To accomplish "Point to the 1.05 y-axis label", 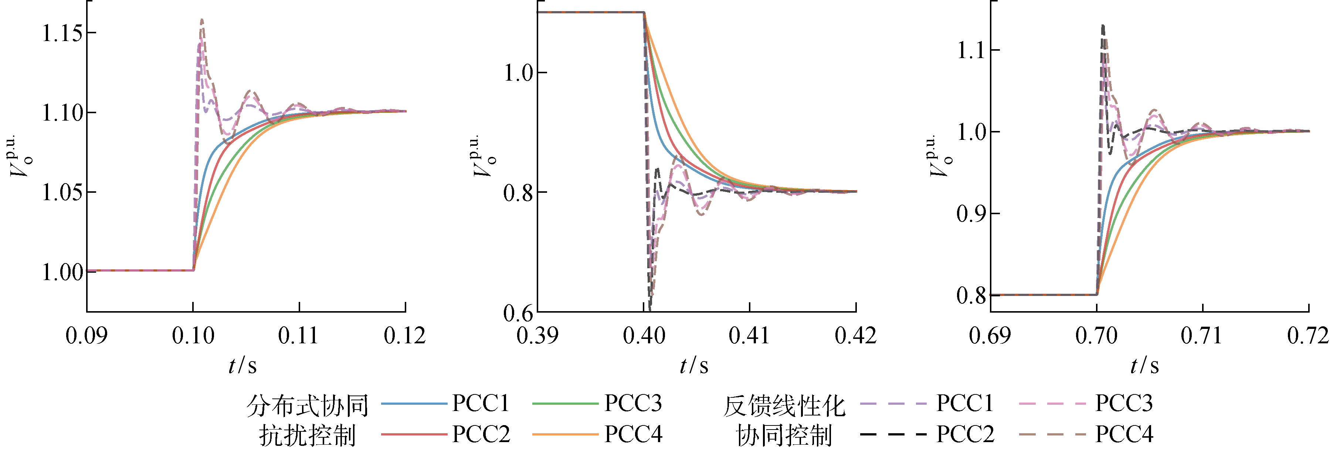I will click(62, 193).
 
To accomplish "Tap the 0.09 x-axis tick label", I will click(86, 336).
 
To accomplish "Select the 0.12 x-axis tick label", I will click(405, 336).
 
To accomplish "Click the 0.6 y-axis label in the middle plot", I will click(518, 313).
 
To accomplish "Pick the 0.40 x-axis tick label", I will click(644, 336).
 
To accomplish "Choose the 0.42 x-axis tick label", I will click(855, 336).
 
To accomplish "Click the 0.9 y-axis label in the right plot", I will click(971, 214).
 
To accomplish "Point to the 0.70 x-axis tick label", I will click(1097, 336).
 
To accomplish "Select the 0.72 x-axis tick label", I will click(1308, 336).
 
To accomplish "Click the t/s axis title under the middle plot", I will click(694, 366).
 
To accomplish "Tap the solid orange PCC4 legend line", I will click(565, 434).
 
